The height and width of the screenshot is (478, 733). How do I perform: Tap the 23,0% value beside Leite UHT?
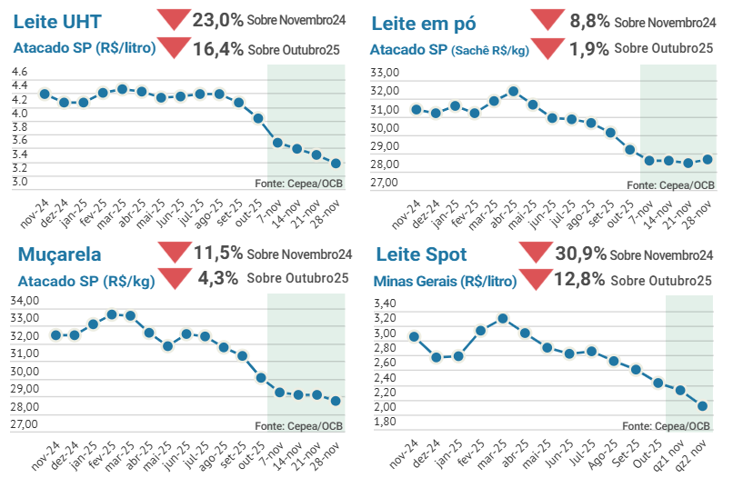(x=217, y=19)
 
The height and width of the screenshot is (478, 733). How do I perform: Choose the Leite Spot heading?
(x=421, y=254)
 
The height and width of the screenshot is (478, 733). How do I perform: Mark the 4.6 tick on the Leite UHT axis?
(x=20, y=71)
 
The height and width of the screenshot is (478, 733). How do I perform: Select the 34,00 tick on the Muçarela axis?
(x=25, y=300)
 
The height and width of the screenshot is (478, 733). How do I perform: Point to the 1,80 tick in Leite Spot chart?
(x=386, y=421)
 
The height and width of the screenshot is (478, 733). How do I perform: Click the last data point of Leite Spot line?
(x=702, y=405)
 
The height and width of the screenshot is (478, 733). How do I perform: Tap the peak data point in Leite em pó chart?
(x=513, y=91)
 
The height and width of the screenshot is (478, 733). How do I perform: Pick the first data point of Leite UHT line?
(x=45, y=94)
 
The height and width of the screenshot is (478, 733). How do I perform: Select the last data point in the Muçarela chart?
(x=336, y=401)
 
